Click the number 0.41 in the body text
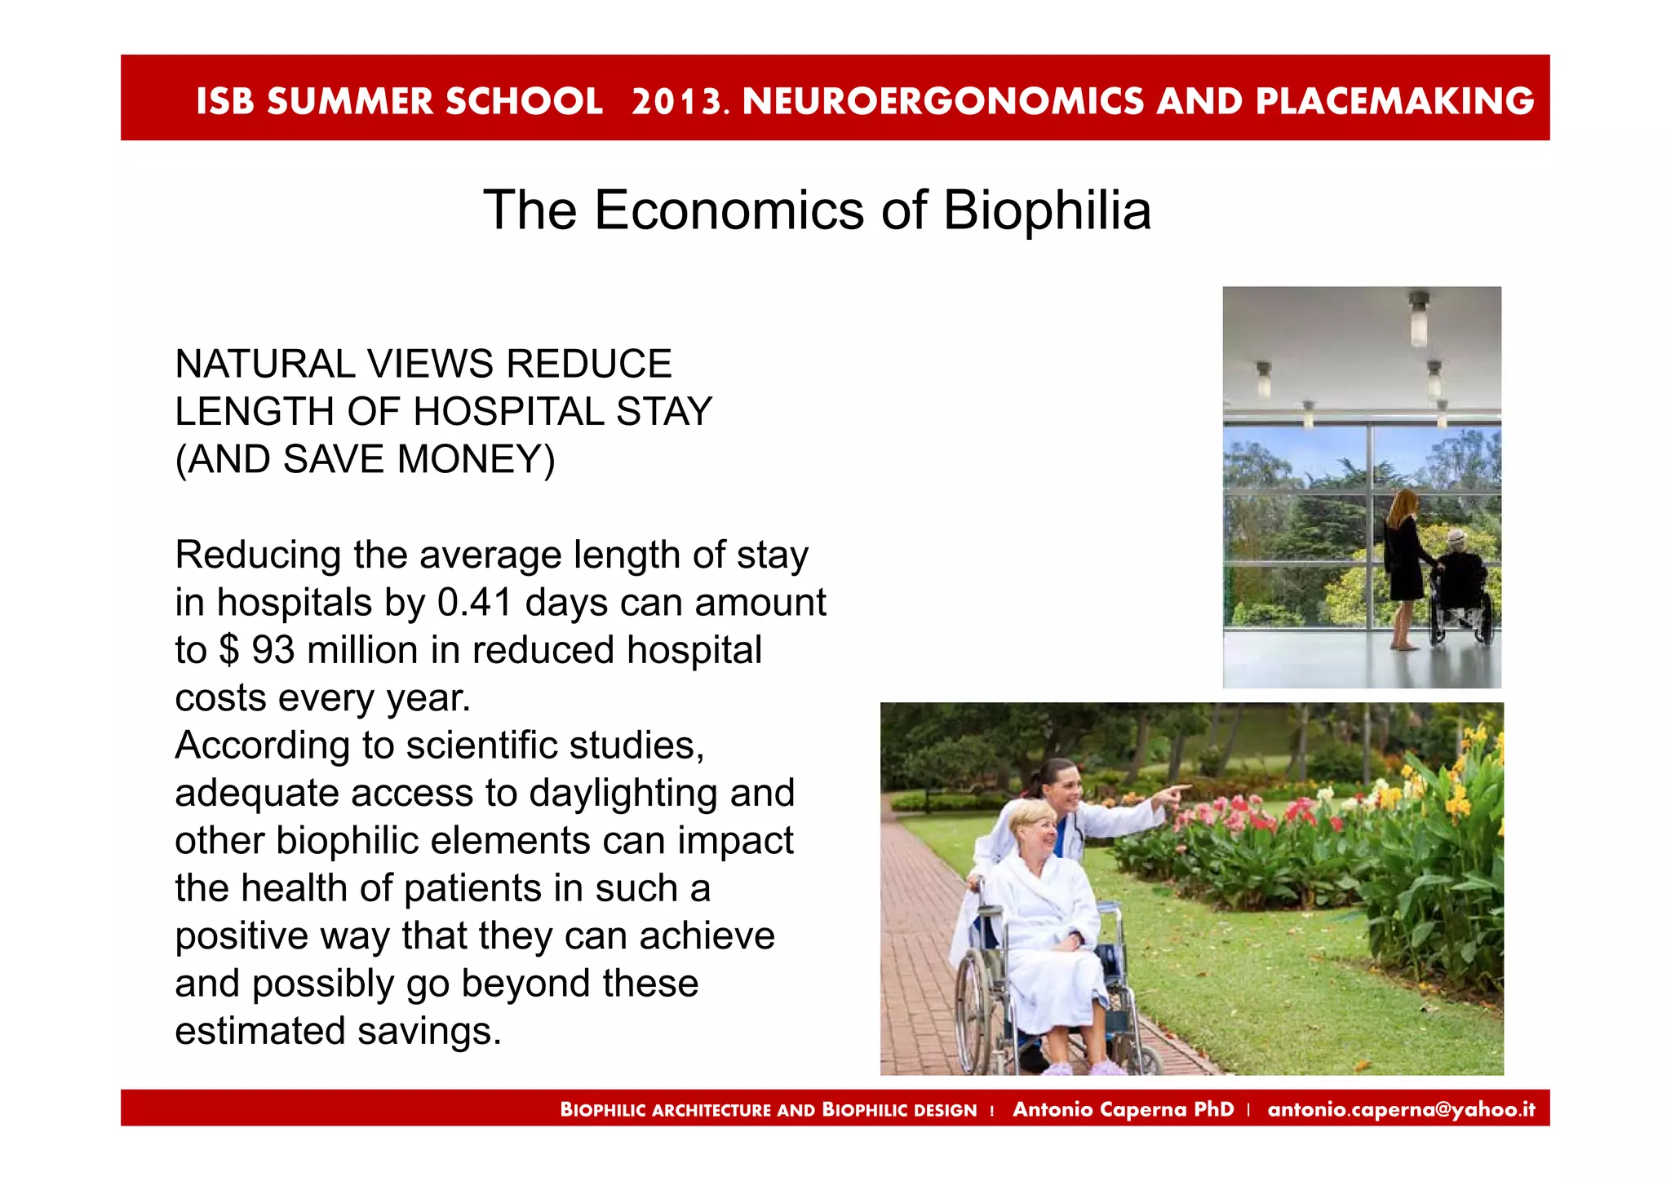[x=474, y=603]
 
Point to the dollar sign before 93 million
[x=229, y=651]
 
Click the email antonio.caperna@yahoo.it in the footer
[x=1400, y=1109]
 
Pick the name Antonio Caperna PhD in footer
[x=1123, y=1109]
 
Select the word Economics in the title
[x=729, y=210]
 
